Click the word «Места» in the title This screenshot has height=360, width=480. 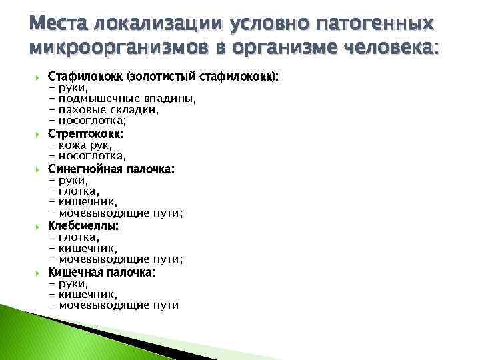pyautogui.click(x=59, y=25)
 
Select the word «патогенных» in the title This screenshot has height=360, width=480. pyautogui.click(x=377, y=25)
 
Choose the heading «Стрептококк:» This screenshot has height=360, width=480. pyautogui.click(x=86, y=133)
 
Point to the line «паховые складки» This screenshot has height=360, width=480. pyautogui.click(x=108, y=110)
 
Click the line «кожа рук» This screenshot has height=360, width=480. pyautogui.click(x=85, y=145)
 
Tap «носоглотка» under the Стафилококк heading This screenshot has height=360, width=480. pyautogui.click(x=92, y=121)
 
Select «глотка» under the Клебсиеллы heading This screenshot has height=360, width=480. pyautogui.click(x=79, y=237)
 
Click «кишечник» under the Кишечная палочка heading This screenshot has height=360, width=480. pyautogui.click(x=88, y=294)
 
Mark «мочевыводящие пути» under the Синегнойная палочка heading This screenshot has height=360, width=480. pyautogui.click(x=121, y=213)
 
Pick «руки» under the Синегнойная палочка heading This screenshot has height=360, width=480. pyautogui.click(x=73, y=180)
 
